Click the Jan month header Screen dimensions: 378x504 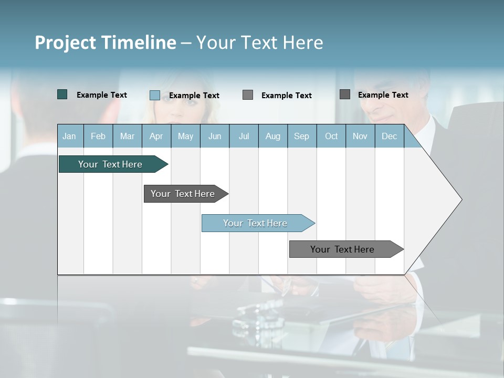tap(70, 136)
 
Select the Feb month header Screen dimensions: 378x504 tap(98, 136)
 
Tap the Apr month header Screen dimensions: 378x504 tap(156, 136)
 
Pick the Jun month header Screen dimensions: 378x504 tap(214, 136)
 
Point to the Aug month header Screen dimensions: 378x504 tap(272, 136)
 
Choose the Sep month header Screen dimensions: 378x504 tap(301, 136)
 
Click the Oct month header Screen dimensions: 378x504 tap(331, 136)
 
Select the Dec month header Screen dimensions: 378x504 tap(389, 136)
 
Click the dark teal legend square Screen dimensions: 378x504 tap(62, 94)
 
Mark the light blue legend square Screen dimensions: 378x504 tap(155, 95)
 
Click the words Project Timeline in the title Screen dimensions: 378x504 tap(105, 43)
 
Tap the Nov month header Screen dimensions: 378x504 tap(360, 136)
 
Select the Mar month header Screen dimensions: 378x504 tap(127, 136)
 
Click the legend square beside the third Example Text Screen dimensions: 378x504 tap(248, 94)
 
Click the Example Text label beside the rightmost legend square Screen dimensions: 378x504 tap(383, 94)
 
